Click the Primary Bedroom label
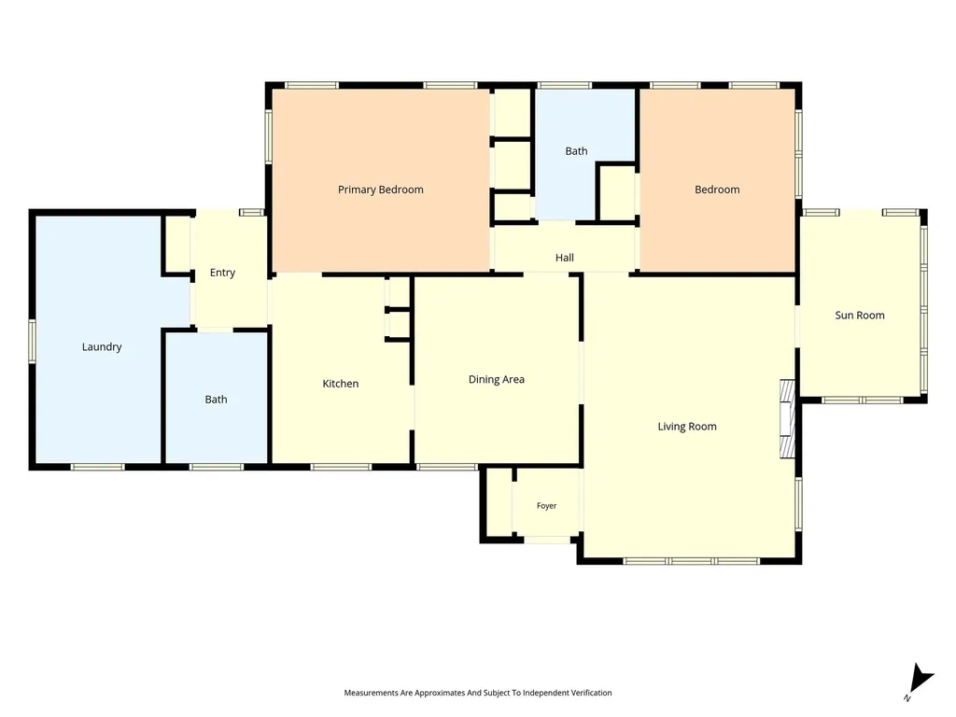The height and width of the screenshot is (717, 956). pyautogui.click(x=381, y=190)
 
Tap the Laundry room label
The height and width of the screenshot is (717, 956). pyautogui.click(x=102, y=347)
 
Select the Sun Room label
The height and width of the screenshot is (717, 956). pyautogui.click(x=860, y=316)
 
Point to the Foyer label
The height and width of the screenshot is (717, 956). pyautogui.click(x=546, y=505)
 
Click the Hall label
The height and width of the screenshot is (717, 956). pyautogui.click(x=565, y=258)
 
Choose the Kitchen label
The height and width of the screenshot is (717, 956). pyautogui.click(x=340, y=384)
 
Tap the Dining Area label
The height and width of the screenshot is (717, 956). pyautogui.click(x=497, y=379)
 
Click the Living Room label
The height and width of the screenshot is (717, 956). pyautogui.click(x=687, y=427)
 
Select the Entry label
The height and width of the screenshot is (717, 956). pyautogui.click(x=222, y=273)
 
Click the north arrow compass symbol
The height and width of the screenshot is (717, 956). pyautogui.click(x=921, y=680)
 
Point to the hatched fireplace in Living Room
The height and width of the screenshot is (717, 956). pyautogui.click(x=788, y=419)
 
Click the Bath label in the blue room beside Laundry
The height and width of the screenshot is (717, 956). pyautogui.click(x=216, y=400)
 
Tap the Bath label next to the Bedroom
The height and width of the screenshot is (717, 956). pyautogui.click(x=576, y=150)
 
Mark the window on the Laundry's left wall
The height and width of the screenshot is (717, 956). pyautogui.click(x=33, y=342)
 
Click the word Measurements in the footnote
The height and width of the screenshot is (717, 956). pyautogui.click(x=372, y=693)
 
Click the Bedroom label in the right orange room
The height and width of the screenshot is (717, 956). pyautogui.click(x=717, y=190)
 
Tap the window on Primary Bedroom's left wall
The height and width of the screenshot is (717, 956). pyautogui.click(x=268, y=136)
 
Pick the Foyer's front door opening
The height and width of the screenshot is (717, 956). pyautogui.click(x=547, y=540)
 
